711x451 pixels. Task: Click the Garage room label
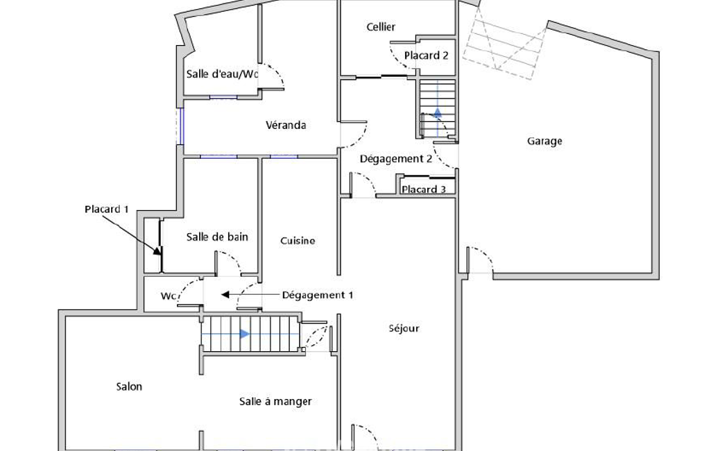coord(544,141)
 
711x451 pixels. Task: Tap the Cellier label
coord(381,27)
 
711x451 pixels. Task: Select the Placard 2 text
coord(426,56)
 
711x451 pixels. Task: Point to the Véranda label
coord(286,125)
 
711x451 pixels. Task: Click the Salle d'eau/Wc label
coord(222,74)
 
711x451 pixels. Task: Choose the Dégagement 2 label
coord(396,159)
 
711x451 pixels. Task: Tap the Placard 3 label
coord(424,189)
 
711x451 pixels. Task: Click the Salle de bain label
coord(217,237)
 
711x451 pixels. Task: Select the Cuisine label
coord(298,241)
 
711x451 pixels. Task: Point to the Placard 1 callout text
coord(107,209)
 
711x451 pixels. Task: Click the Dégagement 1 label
coord(318,295)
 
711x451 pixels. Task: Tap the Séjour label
coord(404,328)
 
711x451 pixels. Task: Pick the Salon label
coord(129,386)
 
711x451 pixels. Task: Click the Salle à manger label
coord(275,402)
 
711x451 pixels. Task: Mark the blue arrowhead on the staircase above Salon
coord(245,334)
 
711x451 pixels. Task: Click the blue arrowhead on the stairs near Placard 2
coord(437,113)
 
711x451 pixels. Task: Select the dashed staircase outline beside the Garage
coord(504,44)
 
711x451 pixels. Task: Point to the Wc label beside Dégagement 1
coord(169,296)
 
